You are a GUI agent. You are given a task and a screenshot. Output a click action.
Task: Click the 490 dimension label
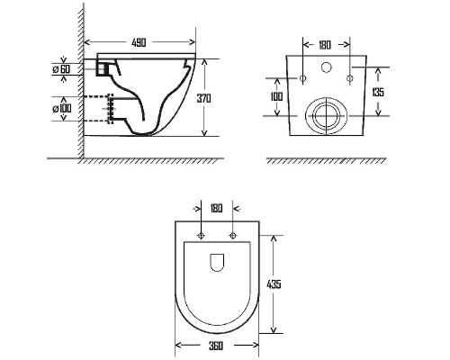pos(139,42)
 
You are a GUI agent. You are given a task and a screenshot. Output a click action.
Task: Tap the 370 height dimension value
pos(203,98)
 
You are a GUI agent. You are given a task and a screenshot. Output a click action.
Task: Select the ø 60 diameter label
pos(61,69)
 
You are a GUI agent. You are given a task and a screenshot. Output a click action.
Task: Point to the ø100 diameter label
pos(62,108)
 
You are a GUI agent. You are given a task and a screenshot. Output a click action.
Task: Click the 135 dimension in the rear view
pos(378,92)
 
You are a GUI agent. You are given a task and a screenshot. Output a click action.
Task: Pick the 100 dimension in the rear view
pos(276,96)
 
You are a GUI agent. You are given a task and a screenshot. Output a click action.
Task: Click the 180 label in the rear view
pos(325,45)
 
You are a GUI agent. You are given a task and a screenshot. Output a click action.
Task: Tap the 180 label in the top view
pos(216,208)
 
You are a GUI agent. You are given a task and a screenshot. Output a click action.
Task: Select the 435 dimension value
pos(274,284)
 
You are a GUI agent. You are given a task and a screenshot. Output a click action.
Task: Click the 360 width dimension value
pos(216,346)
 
